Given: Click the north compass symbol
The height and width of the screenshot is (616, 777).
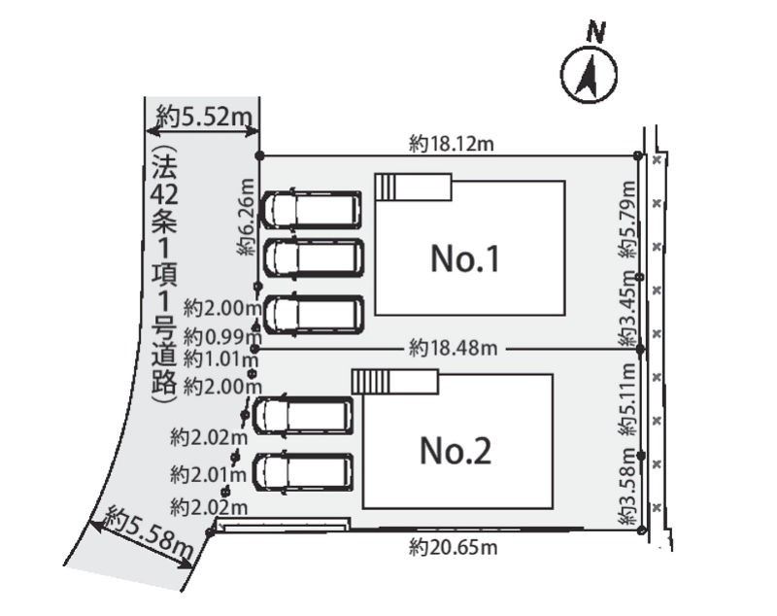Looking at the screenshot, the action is click(590, 76).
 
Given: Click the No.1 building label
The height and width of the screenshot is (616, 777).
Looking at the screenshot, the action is click(465, 258).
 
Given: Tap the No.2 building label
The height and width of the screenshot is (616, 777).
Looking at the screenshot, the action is click(456, 451).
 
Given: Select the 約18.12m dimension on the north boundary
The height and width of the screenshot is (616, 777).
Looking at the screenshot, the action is click(451, 144).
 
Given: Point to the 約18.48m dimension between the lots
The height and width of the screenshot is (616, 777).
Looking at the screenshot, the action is click(453, 349).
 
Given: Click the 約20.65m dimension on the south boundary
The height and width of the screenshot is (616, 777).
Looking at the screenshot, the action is click(453, 548).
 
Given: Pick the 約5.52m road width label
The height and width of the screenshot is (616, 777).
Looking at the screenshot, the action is click(204, 118).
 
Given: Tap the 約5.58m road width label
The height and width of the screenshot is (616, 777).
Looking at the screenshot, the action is click(150, 532).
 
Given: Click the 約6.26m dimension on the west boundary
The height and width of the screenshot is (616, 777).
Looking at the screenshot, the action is click(247, 217).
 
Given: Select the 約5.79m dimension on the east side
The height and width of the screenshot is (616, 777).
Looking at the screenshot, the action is click(626, 219).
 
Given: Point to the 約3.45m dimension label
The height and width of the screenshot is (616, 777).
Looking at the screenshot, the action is click(626, 308).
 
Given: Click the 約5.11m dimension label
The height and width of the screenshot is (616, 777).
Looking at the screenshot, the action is click(626, 399).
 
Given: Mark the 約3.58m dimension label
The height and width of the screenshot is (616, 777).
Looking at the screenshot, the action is click(626, 486).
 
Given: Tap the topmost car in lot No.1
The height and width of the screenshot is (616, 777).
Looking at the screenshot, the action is click(310, 210).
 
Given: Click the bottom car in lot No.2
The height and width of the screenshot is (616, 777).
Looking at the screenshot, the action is click(303, 472).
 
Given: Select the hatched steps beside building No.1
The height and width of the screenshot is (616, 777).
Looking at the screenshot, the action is click(385, 187).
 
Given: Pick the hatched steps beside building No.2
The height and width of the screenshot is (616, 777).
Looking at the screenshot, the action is click(371, 382).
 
